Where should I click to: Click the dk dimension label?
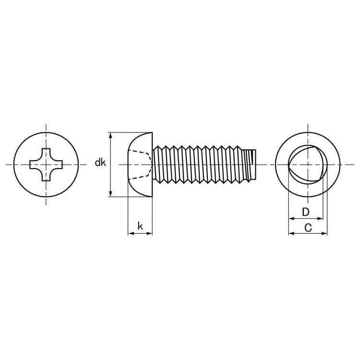coord(100,163)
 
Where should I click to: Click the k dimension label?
coord(140,226)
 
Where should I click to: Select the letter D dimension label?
coord(306,212)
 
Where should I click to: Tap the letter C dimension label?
coord(308,228)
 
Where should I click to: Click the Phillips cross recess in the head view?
coord(46,165)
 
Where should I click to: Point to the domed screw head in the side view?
coord(140,165)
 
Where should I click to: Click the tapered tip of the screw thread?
coord(250,164)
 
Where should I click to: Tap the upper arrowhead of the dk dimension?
coord(111,135)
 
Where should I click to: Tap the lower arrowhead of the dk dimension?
coord(111,194)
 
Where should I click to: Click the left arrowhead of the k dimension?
coord(131,233)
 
